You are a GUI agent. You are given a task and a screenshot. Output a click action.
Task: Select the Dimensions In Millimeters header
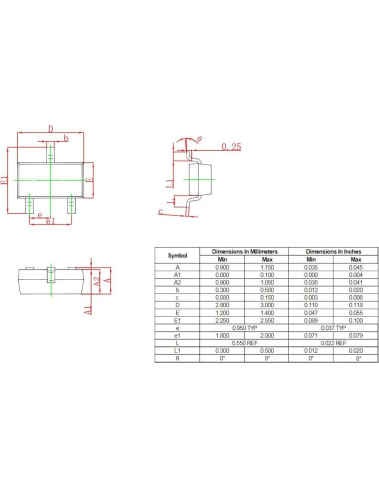point(238,251)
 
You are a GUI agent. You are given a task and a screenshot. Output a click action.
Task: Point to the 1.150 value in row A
point(259,267)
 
